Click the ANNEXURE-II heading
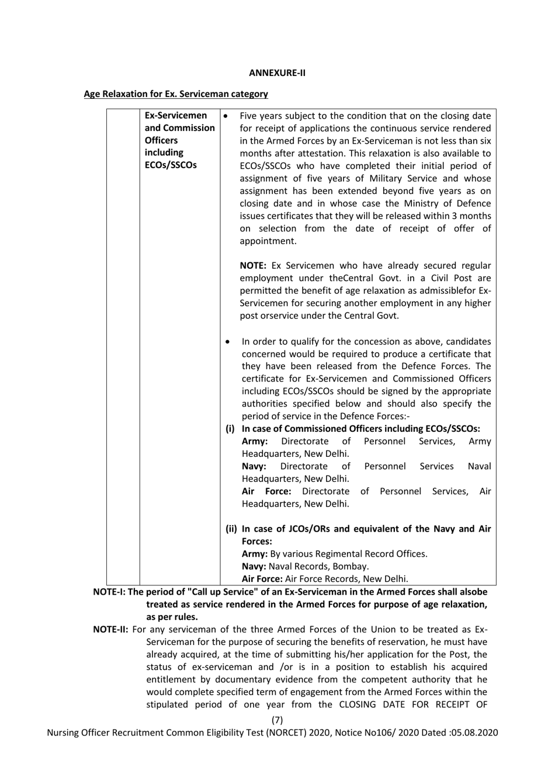click(277, 73)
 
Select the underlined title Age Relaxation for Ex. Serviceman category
click(176, 94)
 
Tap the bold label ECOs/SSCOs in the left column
click(171, 165)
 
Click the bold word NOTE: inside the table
click(253, 266)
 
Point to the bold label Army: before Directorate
click(255, 442)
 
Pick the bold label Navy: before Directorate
click(254, 466)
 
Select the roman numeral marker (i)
click(231, 429)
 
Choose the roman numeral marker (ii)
click(232, 529)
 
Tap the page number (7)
click(277, 720)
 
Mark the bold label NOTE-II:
click(111, 630)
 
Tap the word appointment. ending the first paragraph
click(268, 241)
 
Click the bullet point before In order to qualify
click(227, 342)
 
